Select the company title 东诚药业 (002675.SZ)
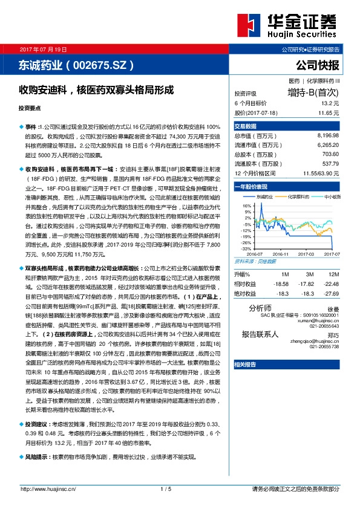coord(76,64)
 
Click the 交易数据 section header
coord(246,126)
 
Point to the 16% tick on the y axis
coord(247,205)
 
